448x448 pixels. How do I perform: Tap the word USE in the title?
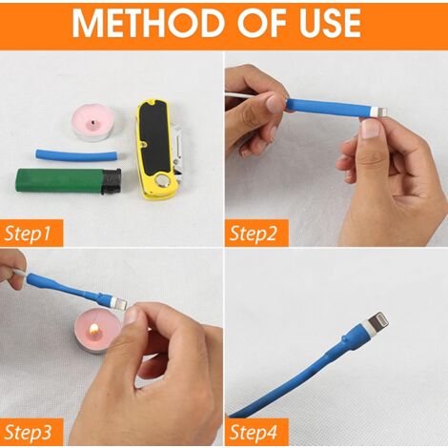point(330,23)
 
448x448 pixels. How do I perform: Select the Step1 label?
point(28,234)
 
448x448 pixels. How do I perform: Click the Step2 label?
point(253,234)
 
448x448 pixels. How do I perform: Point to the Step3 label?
point(28,432)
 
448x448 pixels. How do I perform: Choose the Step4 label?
point(254,432)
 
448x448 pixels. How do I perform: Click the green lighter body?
point(59,181)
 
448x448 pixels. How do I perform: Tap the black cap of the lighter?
point(111,181)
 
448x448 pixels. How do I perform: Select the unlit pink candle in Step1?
point(94,123)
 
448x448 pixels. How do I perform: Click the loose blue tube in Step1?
point(79,155)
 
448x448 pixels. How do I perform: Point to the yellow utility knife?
point(158,149)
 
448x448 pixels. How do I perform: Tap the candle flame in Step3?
point(94,328)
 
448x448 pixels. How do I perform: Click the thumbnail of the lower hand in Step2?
point(371,130)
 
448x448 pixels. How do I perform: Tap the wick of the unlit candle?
point(92,122)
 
